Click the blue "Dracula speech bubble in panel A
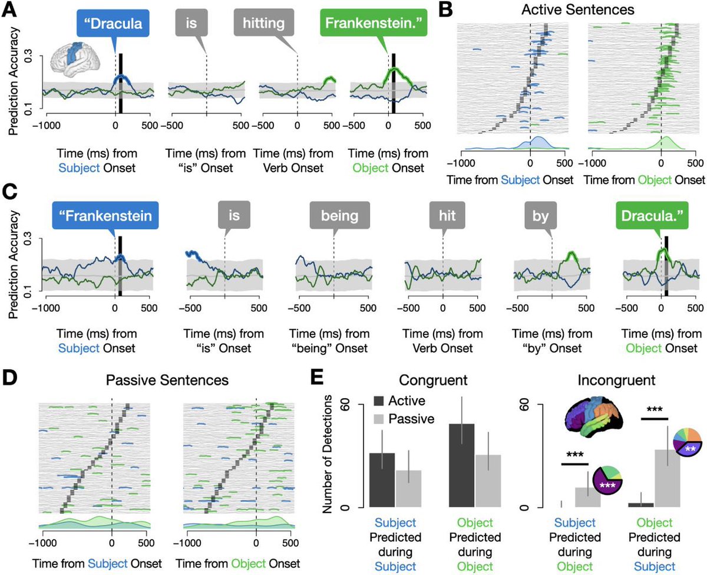(x=113, y=23)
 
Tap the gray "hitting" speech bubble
(x=264, y=22)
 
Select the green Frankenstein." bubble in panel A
(x=374, y=22)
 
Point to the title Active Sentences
(x=578, y=9)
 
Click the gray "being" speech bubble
(x=339, y=216)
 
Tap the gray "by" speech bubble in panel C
(x=540, y=216)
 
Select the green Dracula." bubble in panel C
(x=652, y=216)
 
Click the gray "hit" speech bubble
(x=447, y=216)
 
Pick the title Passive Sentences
(x=167, y=380)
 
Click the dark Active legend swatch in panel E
(x=379, y=400)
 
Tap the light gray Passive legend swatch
(x=379, y=419)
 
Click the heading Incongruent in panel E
(x=616, y=380)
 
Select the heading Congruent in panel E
(x=433, y=380)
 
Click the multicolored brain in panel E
(x=594, y=418)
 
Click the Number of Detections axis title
(x=327, y=454)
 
